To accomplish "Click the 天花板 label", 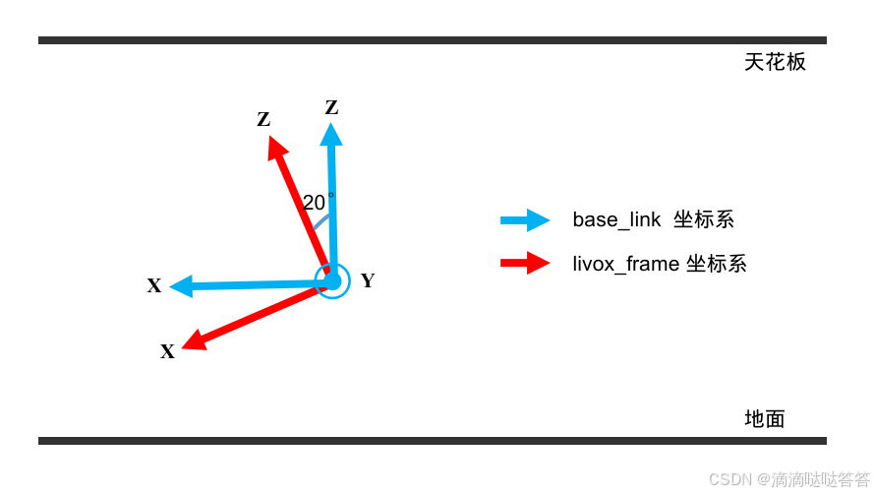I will click(775, 62).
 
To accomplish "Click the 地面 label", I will click(765, 419).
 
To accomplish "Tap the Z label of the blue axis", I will click(331, 107).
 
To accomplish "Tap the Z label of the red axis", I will click(263, 120).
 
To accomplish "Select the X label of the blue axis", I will click(154, 286).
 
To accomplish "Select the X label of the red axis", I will click(168, 351).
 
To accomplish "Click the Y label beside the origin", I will click(368, 281).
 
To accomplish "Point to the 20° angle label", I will click(317, 203).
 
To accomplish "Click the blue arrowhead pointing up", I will click(331, 135).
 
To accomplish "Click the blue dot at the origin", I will click(332, 281).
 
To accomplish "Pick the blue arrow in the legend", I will click(526, 220).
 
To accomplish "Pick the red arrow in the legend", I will click(526, 263).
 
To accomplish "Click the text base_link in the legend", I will click(616, 219).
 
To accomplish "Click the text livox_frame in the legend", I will click(624, 264).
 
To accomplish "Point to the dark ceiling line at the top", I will click(433, 40).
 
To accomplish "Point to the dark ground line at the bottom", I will click(433, 441).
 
